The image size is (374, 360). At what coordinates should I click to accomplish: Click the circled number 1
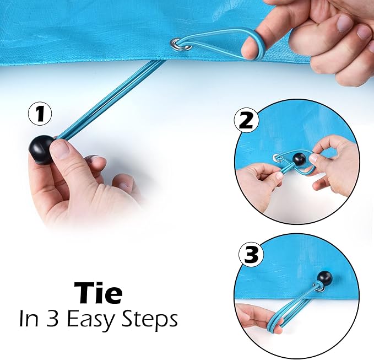pyautogui.click(x=40, y=114)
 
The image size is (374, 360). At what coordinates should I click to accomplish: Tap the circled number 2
pyautogui.click(x=247, y=121)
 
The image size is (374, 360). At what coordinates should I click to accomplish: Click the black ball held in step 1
pyautogui.click(x=41, y=150)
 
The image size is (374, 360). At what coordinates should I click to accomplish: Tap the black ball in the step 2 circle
pyautogui.click(x=299, y=159)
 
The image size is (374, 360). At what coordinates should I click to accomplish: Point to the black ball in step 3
pyautogui.click(x=324, y=278)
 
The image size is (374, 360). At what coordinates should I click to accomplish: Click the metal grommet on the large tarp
pyautogui.click(x=181, y=45)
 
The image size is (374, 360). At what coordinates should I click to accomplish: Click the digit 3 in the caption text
pyautogui.click(x=52, y=319)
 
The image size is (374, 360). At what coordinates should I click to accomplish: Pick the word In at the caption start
pyautogui.click(x=29, y=319)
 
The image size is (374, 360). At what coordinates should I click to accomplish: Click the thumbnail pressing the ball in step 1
pyautogui.click(x=60, y=151)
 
